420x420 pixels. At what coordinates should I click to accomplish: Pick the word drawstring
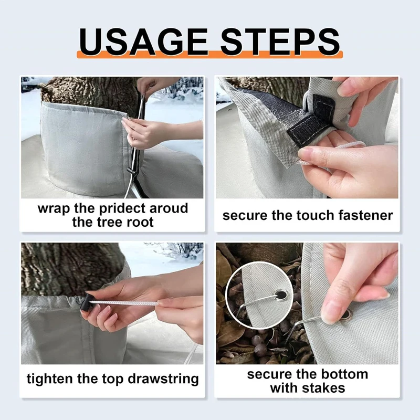pos(157,379)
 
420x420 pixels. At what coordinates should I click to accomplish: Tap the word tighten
pos(51,379)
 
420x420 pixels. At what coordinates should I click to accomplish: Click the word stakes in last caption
pos(324,388)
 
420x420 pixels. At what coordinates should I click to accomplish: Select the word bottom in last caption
pos(343,375)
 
